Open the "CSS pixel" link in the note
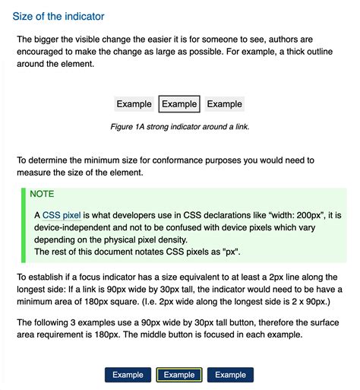click(62, 215)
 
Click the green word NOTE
click(42, 194)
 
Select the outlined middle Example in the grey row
click(179, 104)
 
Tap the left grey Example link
click(134, 104)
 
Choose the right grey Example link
click(224, 104)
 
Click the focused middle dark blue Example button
click(179, 374)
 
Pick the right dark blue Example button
click(230, 374)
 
